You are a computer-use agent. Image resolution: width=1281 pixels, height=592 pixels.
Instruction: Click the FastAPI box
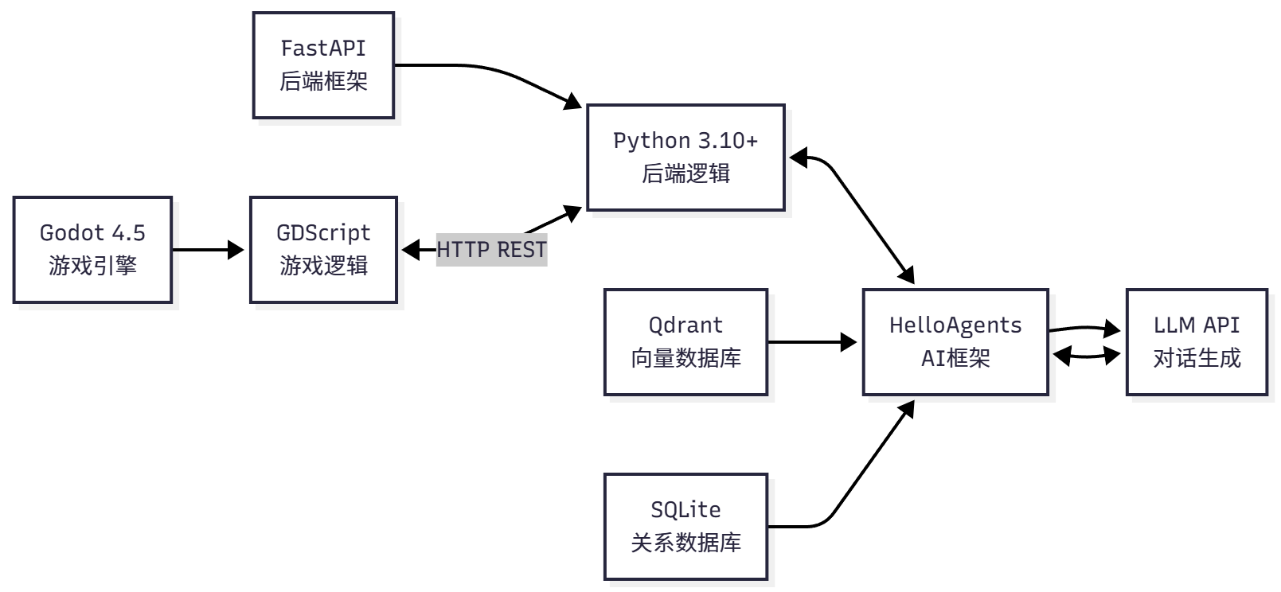click(x=323, y=65)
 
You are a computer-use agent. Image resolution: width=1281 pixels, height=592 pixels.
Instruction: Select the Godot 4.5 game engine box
click(x=92, y=250)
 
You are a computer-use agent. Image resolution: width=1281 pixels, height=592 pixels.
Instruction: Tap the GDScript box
click(x=323, y=250)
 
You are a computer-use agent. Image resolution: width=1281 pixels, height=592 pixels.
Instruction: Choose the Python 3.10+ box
click(x=685, y=158)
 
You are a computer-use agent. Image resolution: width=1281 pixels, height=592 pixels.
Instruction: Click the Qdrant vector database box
click(x=685, y=342)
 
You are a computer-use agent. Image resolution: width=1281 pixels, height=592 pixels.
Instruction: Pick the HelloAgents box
click(x=955, y=342)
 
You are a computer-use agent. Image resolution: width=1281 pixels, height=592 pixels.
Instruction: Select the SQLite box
click(x=685, y=527)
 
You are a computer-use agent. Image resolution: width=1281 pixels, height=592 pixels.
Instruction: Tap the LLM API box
click(x=1196, y=342)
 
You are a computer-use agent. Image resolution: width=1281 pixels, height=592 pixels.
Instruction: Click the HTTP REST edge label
click(x=491, y=250)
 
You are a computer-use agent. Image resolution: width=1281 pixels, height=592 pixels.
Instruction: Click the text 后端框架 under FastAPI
click(x=323, y=82)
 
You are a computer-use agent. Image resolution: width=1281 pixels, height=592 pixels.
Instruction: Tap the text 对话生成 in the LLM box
click(x=1196, y=359)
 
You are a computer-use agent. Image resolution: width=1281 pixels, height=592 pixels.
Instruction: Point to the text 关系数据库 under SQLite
click(x=685, y=543)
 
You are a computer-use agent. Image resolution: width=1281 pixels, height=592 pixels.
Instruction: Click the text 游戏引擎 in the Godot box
click(x=92, y=267)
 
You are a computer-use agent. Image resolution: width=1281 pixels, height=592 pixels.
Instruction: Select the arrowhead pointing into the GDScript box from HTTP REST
click(x=410, y=250)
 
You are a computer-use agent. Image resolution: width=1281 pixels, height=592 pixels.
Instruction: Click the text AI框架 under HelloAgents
click(x=955, y=359)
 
